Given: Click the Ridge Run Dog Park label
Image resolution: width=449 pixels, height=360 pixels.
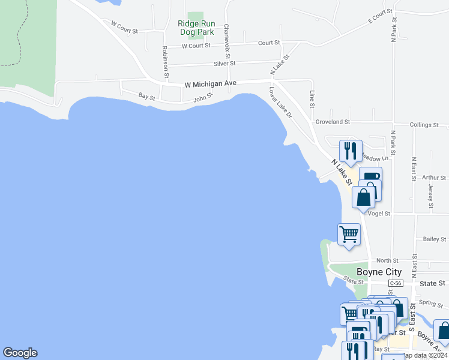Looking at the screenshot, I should [x=196, y=28].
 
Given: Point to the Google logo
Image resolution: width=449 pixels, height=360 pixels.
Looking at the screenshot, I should [x=20, y=353].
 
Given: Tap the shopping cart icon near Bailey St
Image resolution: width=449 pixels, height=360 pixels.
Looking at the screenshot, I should [x=349, y=234].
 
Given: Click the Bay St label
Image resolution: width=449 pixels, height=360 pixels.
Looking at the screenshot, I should [x=147, y=96].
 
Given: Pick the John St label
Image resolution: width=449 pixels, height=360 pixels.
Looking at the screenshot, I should [x=203, y=97].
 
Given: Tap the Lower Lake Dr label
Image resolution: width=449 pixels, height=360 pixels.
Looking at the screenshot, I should [x=280, y=103].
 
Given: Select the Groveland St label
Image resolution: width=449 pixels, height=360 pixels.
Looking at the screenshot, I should [x=333, y=122].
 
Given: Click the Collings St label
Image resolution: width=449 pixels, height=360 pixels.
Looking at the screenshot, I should [x=424, y=125].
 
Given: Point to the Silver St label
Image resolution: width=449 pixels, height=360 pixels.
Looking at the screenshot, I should [x=224, y=63].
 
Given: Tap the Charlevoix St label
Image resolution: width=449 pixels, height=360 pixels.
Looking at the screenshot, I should [x=226, y=37].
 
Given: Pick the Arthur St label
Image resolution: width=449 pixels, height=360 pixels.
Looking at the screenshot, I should [x=434, y=178].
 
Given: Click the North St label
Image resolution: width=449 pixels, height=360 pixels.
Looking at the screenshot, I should [x=387, y=260].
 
